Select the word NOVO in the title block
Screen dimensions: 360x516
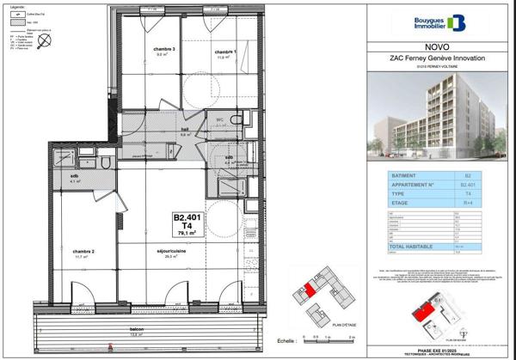point(436,47)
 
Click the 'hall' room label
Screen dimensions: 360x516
point(184,131)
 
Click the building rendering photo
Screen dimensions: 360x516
point(436,117)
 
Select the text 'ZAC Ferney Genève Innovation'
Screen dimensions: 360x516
point(436,58)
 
